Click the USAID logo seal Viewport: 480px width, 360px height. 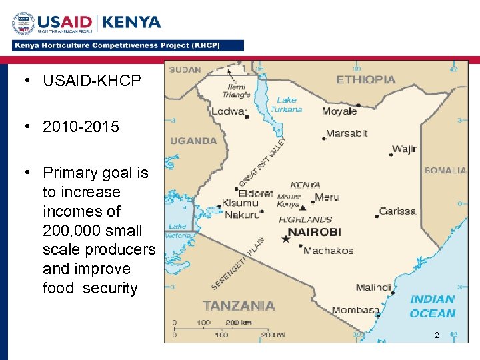tap(23, 24)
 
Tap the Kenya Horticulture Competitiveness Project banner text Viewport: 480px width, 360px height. tap(127, 46)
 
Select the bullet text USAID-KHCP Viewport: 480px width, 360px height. tap(92, 81)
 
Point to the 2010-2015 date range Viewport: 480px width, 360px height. tap(81, 127)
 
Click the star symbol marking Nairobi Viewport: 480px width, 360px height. tap(286, 239)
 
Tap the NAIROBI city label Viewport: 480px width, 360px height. tap(314, 232)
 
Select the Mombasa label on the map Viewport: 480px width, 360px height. tap(356, 309)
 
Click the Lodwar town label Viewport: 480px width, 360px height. tap(229, 111)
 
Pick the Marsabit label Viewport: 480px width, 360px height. tap(347, 133)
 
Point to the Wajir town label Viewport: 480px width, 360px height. tap(404, 149)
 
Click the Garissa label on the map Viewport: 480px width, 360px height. tap(397, 211)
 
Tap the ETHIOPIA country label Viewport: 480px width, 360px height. tap(365, 79)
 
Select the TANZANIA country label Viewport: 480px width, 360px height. tap(238, 305)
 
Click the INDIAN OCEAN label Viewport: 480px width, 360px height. tap(433, 306)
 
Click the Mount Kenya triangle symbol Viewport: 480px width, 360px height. tap(303, 207)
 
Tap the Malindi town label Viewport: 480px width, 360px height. tap(373, 288)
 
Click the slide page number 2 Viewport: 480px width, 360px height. tap(437, 335)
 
